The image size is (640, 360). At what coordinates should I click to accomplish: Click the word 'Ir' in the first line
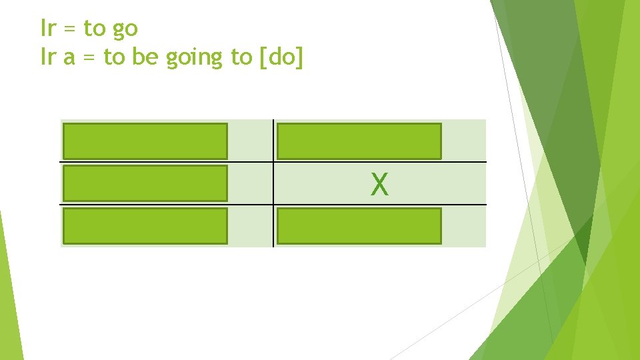pyautogui.click(x=49, y=29)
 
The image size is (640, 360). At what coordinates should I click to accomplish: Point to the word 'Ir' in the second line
pyautogui.click(x=49, y=58)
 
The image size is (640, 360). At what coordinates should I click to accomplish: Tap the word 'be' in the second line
pyautogui.click(x=143, y=58)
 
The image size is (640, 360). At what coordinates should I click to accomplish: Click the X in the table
pyautogui.click(x=379, y=184)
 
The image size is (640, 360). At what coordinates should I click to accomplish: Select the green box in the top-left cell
pyautogui.click(x=145, y=141)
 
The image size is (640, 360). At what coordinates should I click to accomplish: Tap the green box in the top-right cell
pyautogui.click(x=359, y=141)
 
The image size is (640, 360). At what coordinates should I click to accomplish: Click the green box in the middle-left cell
pyautogui.click(x=145, y=183)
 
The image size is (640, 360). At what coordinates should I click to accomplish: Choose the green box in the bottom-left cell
pyautogui.click(x=145, y=226)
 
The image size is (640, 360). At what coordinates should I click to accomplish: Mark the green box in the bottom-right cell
pyautogui.click(x=359, y=226)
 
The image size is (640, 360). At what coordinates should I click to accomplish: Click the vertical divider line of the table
pyautogui.click(x=273, y=183)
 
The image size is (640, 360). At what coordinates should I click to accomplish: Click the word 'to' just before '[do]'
pyautogui.click(x=241, y=58)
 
